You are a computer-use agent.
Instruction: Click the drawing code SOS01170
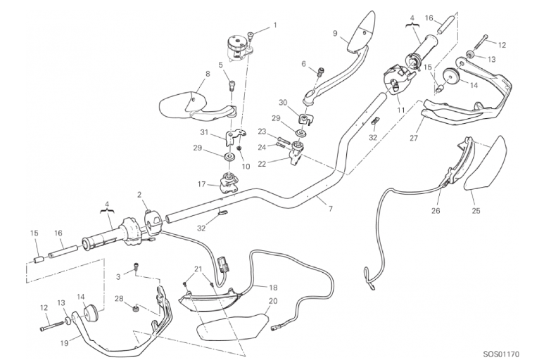(501, 354)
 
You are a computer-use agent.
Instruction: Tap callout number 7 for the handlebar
(330, 209)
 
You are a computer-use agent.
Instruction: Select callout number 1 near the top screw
(275, 25)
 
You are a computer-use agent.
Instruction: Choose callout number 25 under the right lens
(476, 211)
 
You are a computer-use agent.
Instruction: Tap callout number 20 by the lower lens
(273, 301)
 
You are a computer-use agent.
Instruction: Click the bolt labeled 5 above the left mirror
(232, 86)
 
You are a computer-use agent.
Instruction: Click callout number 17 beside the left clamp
(201, 184)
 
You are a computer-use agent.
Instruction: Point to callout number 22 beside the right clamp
(262, 164)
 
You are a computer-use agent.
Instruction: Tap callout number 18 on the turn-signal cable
(273, 288)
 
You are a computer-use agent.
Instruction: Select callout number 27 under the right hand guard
(414, 138)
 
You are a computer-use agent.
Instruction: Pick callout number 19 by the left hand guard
(65, 341)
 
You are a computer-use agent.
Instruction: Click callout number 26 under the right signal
(436, 211)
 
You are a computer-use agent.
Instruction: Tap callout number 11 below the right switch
(400, 110)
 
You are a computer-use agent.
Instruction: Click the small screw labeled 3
(136, 266)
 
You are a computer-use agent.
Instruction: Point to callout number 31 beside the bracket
(204, 133)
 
